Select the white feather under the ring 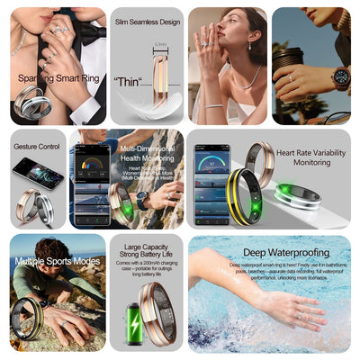pyautogui.click(x=139, y=106)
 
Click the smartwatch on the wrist pyautogui.click(x=340, y=77)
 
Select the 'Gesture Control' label pyautogui.click(x=37, y=146)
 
